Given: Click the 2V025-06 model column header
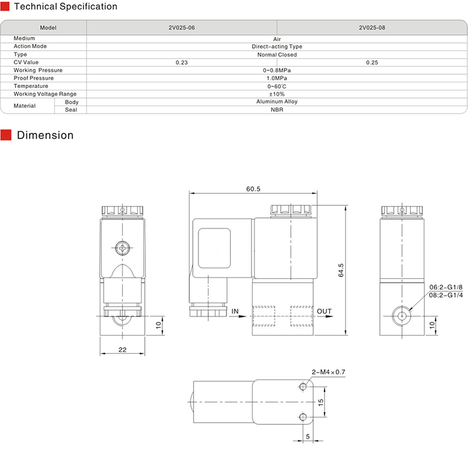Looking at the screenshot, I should tap(182, 28).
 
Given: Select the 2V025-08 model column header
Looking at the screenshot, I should tap(372, 28).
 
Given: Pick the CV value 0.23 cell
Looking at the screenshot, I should tap(182, 62).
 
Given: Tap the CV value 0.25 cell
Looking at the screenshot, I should tap(372, 62).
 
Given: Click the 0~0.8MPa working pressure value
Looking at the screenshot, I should tap(276, 71).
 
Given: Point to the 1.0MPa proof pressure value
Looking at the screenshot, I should tap(276, 78).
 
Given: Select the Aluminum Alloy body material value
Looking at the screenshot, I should tap(276, 102).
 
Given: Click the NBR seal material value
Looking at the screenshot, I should tap(276, 110).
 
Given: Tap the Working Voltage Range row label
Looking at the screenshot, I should tap(45, 94).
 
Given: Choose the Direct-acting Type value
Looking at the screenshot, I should tap(276, 47).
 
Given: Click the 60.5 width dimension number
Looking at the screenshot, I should tap(253, 188).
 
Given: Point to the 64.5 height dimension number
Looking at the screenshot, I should tap(341, 270).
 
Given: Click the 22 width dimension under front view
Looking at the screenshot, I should tap(122, 350).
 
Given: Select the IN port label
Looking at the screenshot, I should tap(235, 311).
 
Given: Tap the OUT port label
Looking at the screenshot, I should tap(324, 311).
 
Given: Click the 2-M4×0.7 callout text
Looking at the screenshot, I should tap(328, 373).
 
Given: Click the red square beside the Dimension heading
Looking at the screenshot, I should tap(6, 135).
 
